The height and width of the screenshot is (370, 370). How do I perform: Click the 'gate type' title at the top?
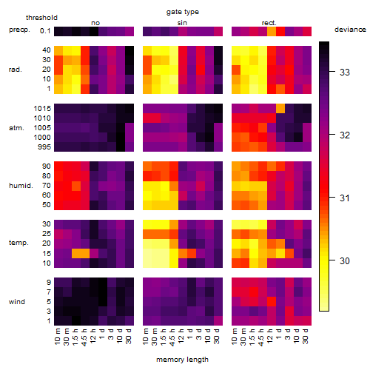183,12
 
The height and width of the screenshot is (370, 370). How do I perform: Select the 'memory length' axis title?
182,360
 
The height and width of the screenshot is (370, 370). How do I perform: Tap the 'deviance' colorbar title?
350,30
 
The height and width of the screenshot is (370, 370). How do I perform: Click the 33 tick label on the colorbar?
345,72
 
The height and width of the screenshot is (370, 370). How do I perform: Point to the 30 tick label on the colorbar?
345,260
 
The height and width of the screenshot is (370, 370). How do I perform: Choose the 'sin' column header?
182,23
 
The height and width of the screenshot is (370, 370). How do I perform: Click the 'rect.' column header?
269,23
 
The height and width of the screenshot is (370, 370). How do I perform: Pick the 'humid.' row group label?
21,186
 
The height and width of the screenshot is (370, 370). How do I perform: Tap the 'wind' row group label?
17,302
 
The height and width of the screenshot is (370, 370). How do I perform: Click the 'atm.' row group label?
16,128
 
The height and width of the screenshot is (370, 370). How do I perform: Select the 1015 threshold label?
42,109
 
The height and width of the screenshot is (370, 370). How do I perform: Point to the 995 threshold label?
44,147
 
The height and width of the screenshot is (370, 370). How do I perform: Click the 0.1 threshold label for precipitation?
45,31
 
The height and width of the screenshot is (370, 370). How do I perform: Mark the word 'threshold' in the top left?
41,18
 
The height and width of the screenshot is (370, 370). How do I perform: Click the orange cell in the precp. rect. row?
272,31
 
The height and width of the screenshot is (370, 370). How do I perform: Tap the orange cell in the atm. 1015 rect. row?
280,108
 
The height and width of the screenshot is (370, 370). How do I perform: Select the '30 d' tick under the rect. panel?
305,336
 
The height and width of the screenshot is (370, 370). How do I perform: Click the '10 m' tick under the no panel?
57,337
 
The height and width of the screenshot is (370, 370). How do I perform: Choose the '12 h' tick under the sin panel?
181,336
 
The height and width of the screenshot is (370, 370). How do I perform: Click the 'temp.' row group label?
18,243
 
